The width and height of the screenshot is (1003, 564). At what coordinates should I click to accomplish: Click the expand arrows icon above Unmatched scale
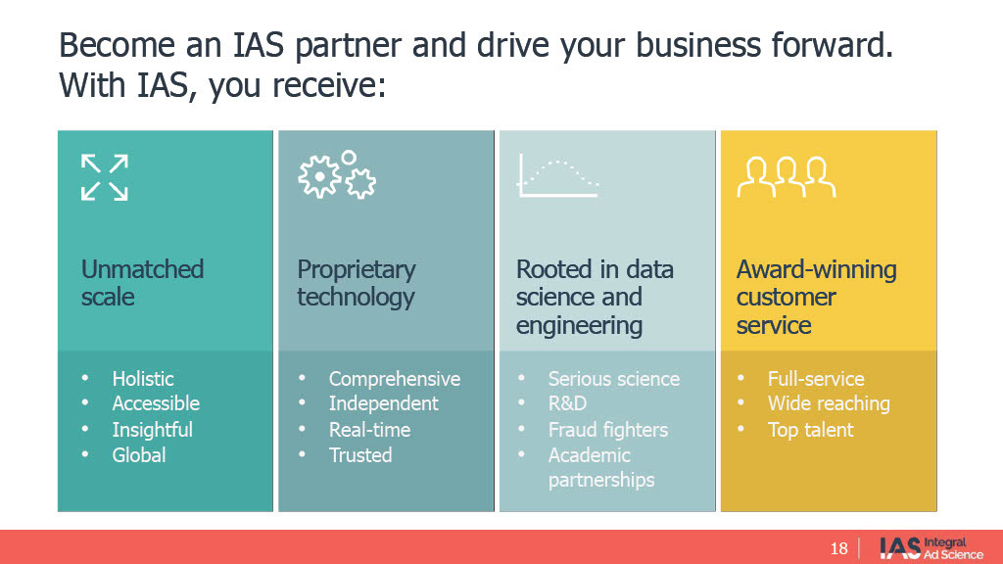[x=105, y=177]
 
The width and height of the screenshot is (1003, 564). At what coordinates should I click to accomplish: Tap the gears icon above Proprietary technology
[x=336, y=176]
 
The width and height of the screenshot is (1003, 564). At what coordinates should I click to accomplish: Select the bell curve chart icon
[x=557, y=177]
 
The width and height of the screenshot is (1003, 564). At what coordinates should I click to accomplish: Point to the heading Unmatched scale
[x=142, y=283]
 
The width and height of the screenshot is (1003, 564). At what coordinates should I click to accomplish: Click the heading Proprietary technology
[x=357, y=283]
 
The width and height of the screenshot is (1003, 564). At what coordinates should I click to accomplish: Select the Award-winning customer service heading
[x=816, y=297]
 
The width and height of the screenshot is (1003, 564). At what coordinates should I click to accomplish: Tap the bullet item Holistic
[x=143, y=379]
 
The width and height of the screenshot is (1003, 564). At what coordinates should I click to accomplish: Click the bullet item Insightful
[x=152, y=430]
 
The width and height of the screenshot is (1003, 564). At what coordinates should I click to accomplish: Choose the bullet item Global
[x=139, y=455]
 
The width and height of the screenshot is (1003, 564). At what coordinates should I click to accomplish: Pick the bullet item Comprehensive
[x=394, y=379]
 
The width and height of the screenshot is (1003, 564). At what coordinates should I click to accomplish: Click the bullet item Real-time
[x=369, y=430]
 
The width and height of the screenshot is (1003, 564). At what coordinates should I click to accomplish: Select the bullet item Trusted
[x=360, y=455]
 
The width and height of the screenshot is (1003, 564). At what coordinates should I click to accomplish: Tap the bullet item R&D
[x=568, y=403]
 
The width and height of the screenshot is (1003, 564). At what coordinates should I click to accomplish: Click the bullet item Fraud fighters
[x=607, y=430]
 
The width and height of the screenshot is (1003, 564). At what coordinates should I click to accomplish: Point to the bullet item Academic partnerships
[x=600, y=468]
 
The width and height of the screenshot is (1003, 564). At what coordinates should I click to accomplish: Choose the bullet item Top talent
[x=810, y=430]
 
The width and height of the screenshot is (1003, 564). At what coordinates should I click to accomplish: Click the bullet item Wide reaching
[x=829, y=403]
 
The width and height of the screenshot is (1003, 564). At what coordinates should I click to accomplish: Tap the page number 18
[x=838, y=547]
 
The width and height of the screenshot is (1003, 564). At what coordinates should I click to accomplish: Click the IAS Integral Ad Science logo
[x=931, y=547]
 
